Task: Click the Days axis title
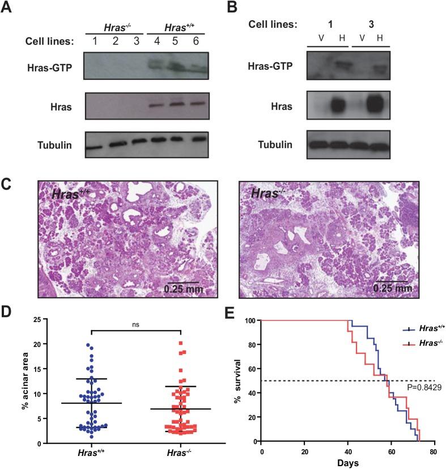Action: (x=348, y=463)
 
